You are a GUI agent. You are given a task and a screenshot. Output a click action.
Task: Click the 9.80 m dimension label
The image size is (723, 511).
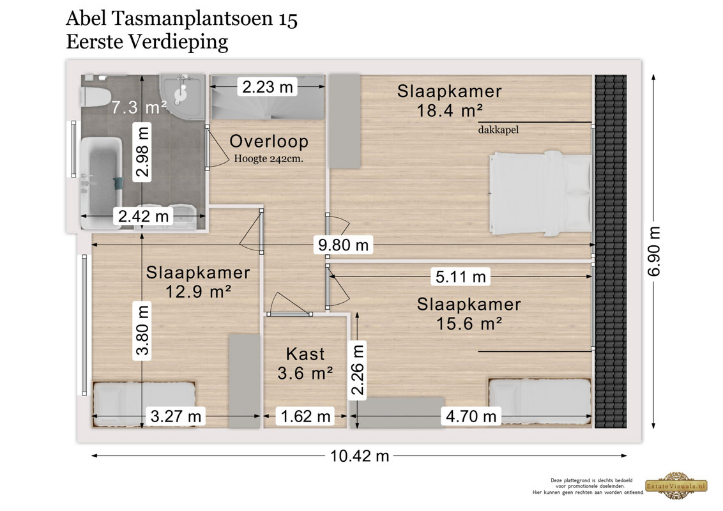(344, 245)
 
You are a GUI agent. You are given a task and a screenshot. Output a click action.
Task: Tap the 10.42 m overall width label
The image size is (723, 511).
(360, 455)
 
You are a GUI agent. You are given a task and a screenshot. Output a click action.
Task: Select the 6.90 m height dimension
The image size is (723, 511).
(654, 252)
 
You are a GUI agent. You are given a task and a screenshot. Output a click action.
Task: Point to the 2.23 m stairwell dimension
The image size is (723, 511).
(268, 87)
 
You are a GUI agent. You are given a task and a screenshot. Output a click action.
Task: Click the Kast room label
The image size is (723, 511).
(305, 354)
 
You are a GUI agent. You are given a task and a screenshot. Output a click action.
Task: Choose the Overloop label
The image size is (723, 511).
(269, 141)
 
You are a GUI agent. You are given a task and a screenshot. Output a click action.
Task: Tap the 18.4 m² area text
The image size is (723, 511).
(450, 111)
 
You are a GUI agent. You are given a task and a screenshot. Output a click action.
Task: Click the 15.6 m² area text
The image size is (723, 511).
(469, 324)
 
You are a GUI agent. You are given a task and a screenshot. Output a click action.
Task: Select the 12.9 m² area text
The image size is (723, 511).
(198, 291)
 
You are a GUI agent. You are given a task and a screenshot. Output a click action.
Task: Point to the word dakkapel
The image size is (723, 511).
(498, 130)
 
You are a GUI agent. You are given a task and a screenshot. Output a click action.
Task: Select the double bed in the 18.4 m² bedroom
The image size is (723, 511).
(540, 194)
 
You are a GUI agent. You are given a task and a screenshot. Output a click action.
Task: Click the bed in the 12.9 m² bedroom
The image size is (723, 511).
(144, 404)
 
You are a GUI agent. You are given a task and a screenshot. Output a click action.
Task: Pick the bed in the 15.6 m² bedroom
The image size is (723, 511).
(540, 401)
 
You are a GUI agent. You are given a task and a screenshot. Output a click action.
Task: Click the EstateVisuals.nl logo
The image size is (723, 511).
(676, 485)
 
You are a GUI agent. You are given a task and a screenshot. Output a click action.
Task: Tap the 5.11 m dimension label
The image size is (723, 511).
(460, 277)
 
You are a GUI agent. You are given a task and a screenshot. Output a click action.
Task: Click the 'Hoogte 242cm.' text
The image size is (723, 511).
(268, 158)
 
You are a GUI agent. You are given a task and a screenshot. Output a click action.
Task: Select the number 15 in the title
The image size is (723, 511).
(287, 19)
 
